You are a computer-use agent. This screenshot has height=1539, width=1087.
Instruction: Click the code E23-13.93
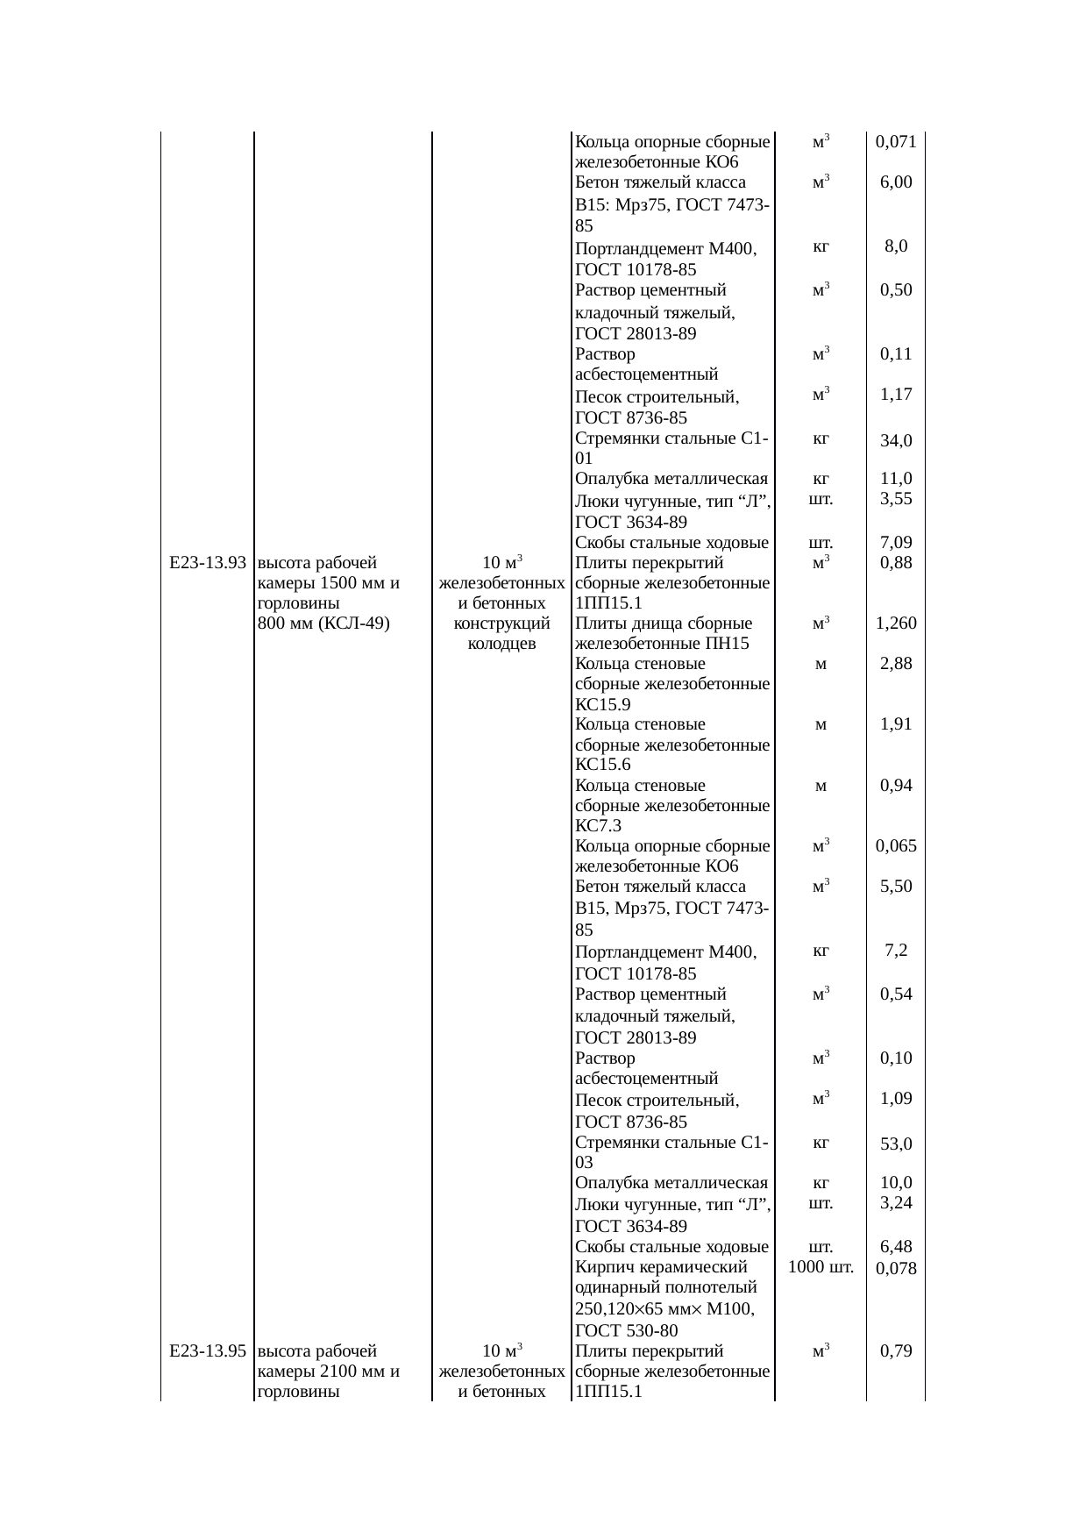tap(206, 563)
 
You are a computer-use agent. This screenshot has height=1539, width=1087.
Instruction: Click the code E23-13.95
tap(206, 1351)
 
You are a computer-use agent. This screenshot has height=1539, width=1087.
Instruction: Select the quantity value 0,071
tap(896, 142)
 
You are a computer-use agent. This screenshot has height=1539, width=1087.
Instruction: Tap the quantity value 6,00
tap(896, 182)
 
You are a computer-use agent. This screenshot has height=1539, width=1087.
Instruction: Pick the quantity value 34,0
tap(896, 441)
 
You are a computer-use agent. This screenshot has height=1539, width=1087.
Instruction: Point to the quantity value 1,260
tap(896, 623)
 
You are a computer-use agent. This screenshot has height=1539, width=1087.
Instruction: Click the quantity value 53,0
tap(896, 1144)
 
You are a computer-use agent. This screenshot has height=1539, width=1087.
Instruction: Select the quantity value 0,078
tap(896, 1269)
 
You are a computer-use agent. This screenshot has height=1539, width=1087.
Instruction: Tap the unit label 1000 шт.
tap(821, 1267)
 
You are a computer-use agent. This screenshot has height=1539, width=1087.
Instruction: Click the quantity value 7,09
tap(896, 543)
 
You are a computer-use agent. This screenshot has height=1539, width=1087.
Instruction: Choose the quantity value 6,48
tap(896, 1247)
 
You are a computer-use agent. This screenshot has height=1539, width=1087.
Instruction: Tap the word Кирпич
tap(602, 1267)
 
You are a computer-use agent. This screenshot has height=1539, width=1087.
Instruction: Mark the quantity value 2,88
tap(896, 664)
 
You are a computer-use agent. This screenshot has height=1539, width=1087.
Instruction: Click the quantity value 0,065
tap(896, 846)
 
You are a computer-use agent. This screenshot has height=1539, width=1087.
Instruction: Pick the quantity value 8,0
tap(896, 246)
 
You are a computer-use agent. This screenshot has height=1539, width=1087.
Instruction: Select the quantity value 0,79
tap(896, 1351)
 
